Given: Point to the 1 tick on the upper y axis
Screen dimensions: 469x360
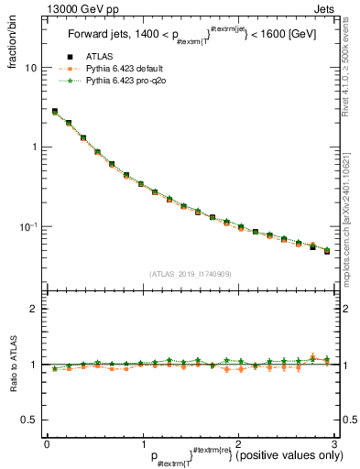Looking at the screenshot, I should (34, 147).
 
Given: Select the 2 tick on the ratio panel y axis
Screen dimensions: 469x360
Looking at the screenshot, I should (34, 309).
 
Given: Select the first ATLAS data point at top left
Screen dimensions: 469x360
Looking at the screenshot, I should (55, 112).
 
